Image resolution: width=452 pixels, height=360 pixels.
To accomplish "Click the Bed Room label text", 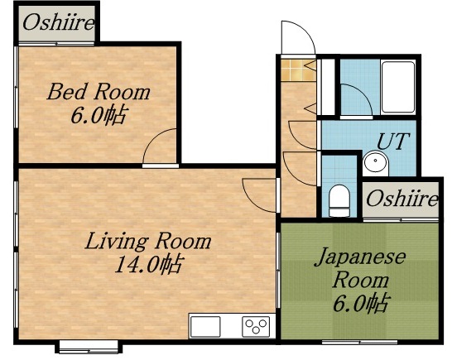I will click(x=99, y=91).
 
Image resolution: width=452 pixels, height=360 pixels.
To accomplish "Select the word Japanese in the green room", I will click(x=359, y=257).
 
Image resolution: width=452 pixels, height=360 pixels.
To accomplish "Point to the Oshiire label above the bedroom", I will click(x=58, y=22).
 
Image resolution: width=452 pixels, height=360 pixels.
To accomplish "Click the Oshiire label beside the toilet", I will click(x=402, y=199).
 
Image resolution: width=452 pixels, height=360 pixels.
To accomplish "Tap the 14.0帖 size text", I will click(x=149, y=266).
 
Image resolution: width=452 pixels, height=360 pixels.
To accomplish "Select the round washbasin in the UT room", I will click(x=374, y=164).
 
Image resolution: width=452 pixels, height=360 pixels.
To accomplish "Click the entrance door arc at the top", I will click(x=296, y=36).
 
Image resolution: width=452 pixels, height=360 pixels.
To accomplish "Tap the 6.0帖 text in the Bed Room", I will click(x=99, y=115).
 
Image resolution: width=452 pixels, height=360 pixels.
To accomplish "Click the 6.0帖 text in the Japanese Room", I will click(x=360, y=303).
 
